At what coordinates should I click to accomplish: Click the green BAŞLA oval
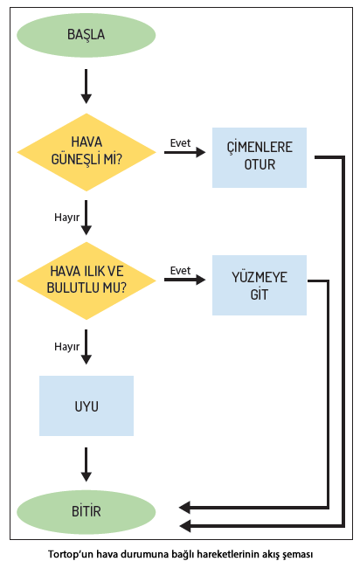coord(87,35)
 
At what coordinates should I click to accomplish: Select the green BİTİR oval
coord(87,511)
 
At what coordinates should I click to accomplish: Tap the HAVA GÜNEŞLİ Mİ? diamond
coord(87,152)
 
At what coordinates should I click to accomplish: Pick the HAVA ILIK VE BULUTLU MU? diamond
coord(87,281)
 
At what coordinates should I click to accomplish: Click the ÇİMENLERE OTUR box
coord(260,157)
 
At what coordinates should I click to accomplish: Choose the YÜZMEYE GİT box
coord(260,285)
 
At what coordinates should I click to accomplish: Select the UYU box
coord(87,405)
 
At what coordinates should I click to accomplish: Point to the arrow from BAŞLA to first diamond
coord(87,87)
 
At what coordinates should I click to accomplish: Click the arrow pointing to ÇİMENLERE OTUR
coord(184,152)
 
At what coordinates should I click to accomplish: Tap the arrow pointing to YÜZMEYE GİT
coord(184,280)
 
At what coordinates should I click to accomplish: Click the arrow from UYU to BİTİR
coord(87,464)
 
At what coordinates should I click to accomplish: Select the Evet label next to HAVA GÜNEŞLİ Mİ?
coord(180,143)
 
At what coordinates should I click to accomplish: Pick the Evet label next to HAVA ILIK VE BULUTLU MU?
coord(180,271)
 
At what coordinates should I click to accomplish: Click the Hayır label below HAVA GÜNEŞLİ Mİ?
coord(66,218)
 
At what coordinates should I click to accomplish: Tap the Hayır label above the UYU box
coord(66,347)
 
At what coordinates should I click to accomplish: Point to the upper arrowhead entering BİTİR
coord(184,508)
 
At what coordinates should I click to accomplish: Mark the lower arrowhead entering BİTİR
coord(184,526)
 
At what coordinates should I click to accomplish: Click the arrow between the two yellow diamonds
coord(87,218)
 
